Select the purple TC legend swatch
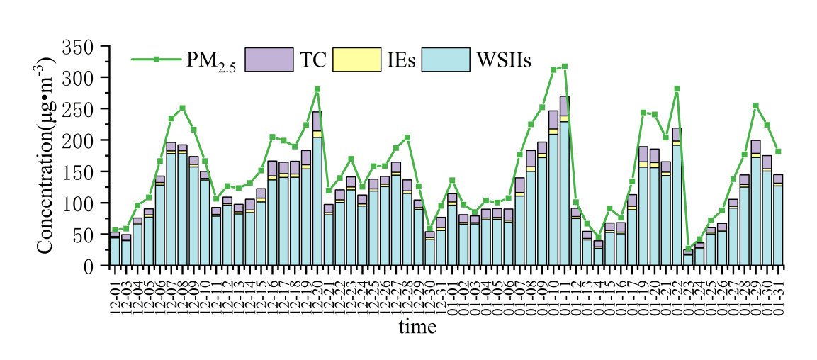coord(269,60)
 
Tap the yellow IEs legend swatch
coord(357,60)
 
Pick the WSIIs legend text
coord(503,60)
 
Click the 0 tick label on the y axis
coord(89,266)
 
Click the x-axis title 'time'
coord(417,327)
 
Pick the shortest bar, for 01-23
coord(688,258)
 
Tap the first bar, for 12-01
coord(115,249)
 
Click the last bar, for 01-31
coord(778,220)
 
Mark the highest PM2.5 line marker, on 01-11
coord(564,67)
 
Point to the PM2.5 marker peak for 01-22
coord(677,89)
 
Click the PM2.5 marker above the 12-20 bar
coord(317,89)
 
